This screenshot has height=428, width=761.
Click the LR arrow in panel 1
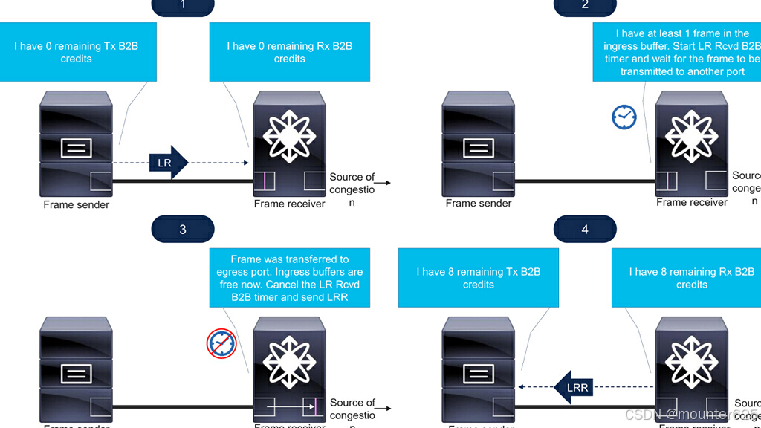pyautogui.click(x=169, y=162)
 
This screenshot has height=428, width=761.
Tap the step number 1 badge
pyautogui.click(x=183, y=6)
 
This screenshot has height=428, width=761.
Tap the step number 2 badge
pyautogui.click(x=585, y=6)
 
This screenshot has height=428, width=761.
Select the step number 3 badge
pyautogui.click(x=183, y=229)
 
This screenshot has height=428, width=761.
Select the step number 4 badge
pyautogui.click(x=585, y=229)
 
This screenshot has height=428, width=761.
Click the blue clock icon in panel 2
pyautogui.click(x=624, y=116)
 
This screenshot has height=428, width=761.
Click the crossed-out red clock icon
pyautogui.click(x=221, y=344)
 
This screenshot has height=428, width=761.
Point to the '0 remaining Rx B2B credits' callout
pyautogui.click(x=290, y=52)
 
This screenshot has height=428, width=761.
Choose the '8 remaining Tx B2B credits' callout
pyautogui.click(x=479, y=278)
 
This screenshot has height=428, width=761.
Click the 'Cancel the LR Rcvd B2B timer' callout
pyautogui.click(x=290, y=278)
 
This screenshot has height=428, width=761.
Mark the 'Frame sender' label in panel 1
pyautogui.click(x=77, y=204)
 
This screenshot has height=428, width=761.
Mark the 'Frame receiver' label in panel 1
pyautogui.click(x=290, y=204)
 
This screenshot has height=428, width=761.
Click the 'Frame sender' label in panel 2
pyautogui.click(x=479, y=203)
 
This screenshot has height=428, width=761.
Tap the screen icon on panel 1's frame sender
pyautogui.click(x=77, y=147)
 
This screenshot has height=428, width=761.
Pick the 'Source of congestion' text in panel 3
pyautogui.click(x=352, y=409)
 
